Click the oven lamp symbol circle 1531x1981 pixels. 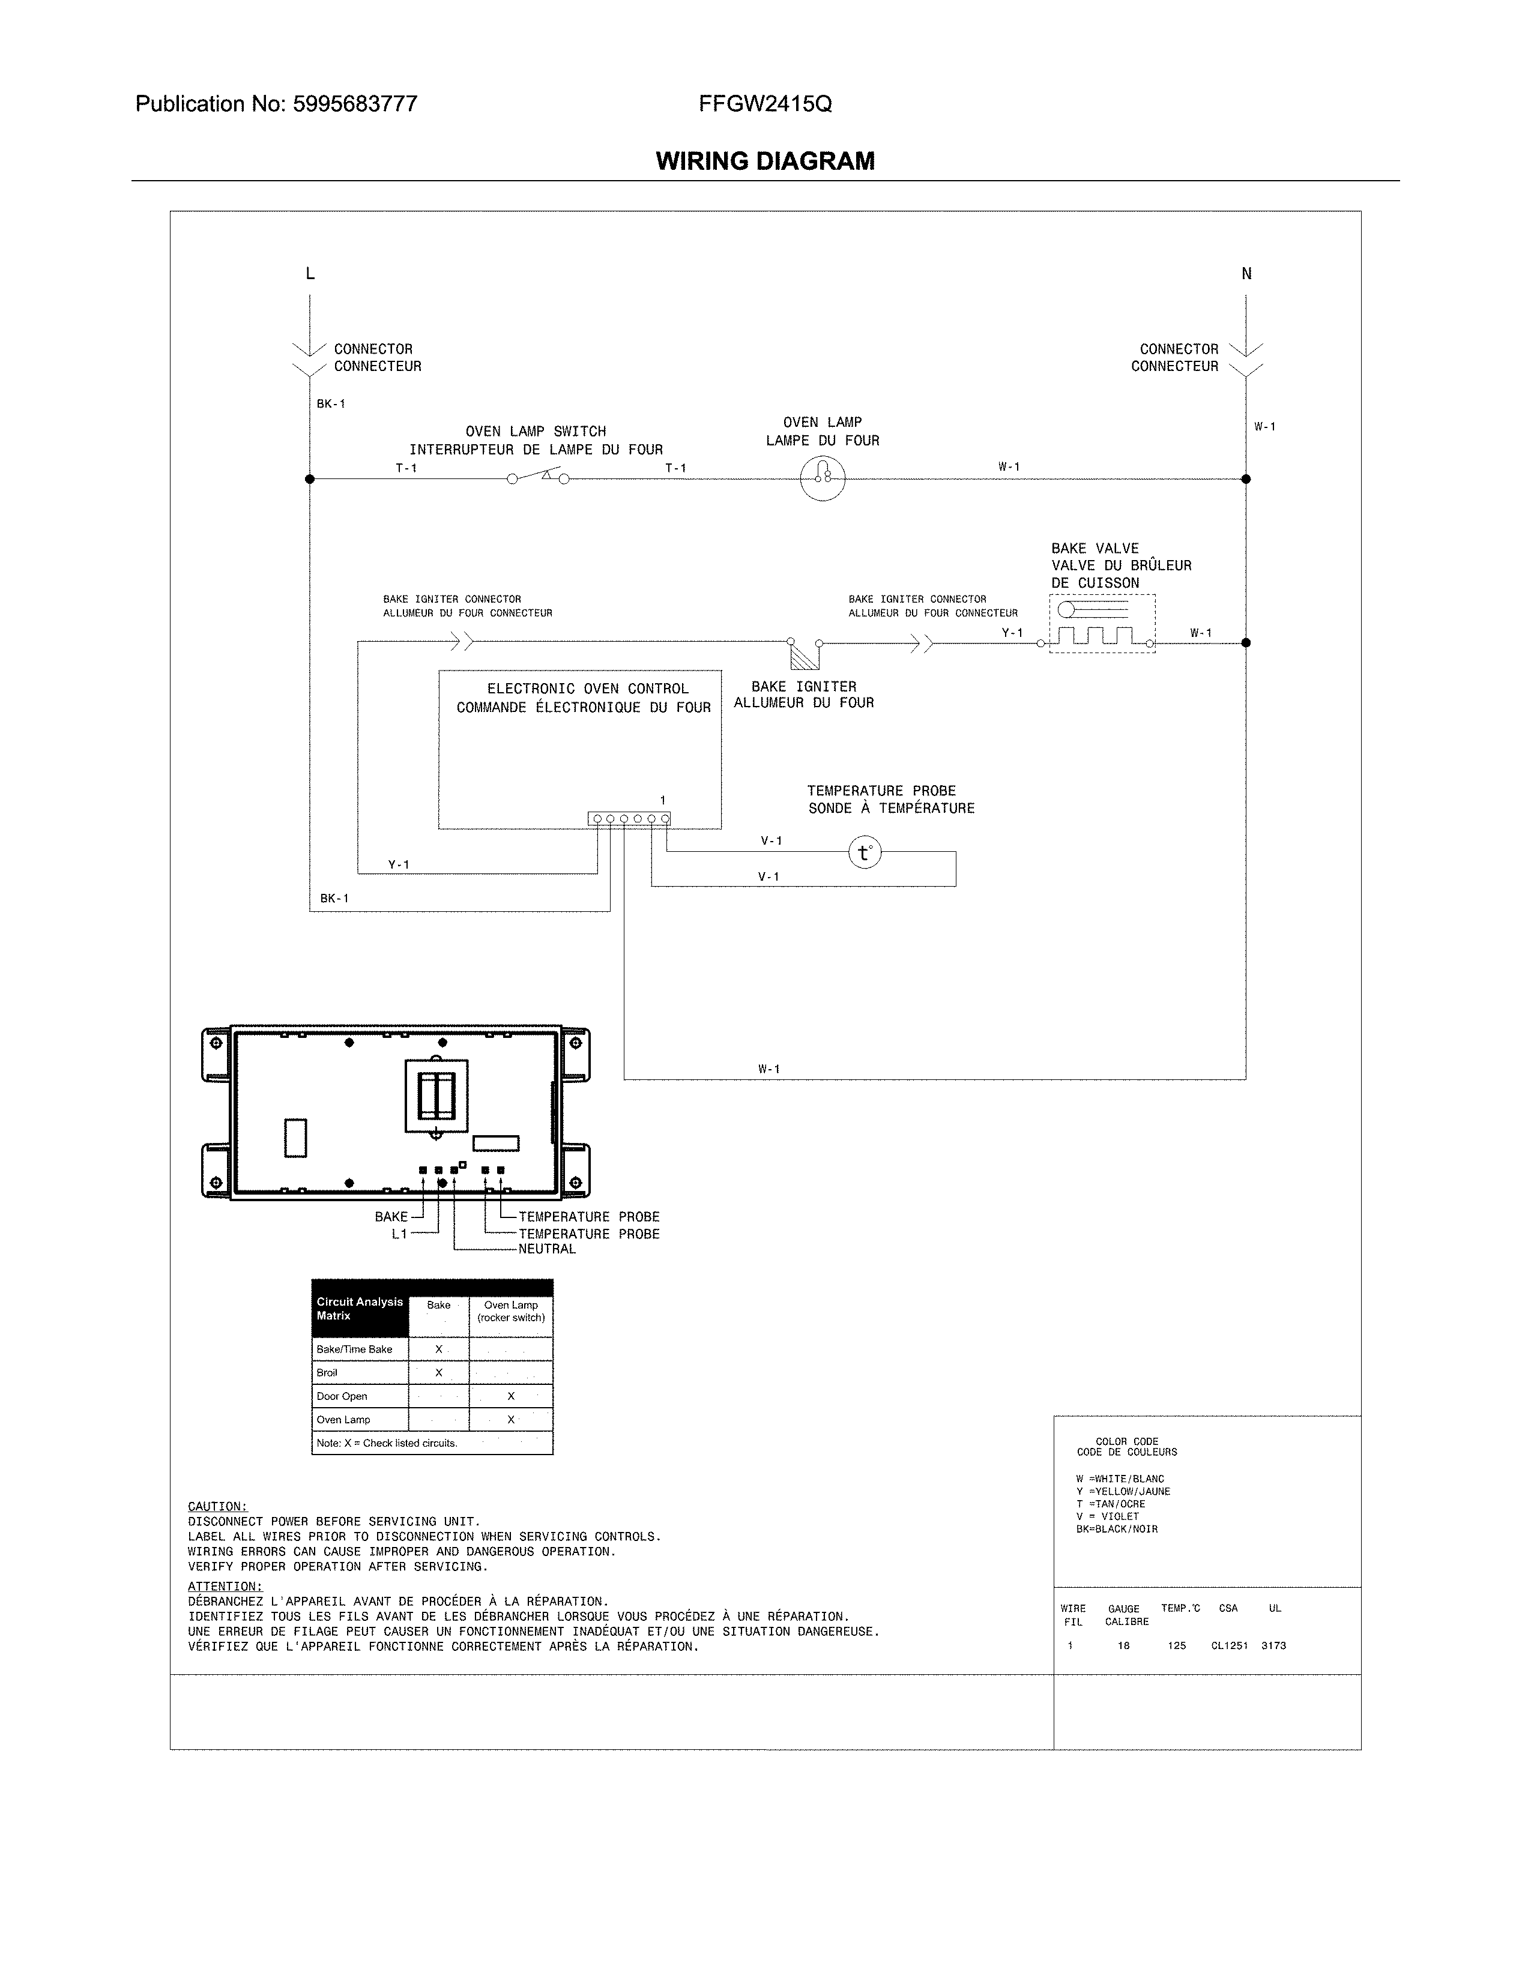823,478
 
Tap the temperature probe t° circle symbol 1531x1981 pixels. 865,852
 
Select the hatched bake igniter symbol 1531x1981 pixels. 803,656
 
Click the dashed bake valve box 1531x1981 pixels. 1102,624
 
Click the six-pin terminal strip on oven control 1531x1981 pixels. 629,819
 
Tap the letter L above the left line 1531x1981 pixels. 310,274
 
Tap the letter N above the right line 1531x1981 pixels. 1246,274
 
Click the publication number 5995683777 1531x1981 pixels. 355,104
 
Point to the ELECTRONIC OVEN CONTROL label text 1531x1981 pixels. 588,689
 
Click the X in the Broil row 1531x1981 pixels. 438,1372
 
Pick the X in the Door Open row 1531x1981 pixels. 511,1396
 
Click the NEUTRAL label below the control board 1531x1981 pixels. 547,1249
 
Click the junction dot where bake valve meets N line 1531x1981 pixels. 1246,642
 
